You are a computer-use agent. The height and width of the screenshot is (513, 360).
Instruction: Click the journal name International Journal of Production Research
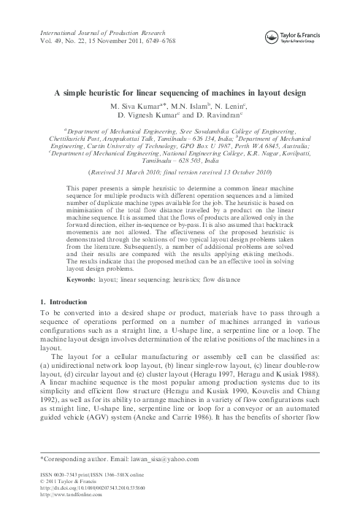95,34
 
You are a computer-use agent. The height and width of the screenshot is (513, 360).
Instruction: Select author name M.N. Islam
194,107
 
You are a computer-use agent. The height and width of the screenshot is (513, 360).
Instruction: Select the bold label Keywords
80,279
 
